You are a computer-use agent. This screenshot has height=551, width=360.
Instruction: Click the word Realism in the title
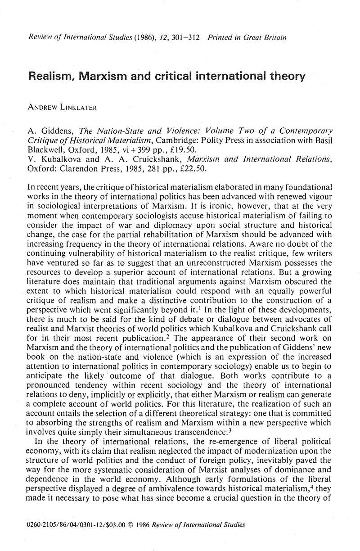(55, 76)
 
